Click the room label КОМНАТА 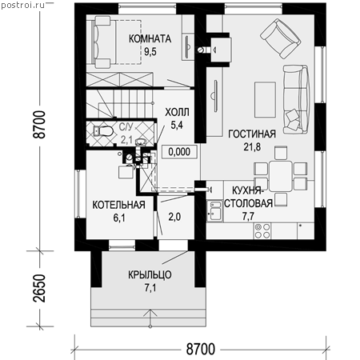150,39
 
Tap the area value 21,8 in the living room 252,147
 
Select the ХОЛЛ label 177,112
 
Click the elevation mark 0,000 179,152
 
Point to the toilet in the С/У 102,131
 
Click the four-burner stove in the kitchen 262,230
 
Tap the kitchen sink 215,210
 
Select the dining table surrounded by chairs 280,176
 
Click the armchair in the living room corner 281,38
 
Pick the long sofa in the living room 296,99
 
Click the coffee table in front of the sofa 265,100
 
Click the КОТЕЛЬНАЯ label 118,205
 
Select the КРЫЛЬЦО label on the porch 150,274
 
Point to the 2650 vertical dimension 39,289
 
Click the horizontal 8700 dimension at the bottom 201,349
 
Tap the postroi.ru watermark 22,6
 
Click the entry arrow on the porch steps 150,318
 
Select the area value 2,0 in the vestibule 174,217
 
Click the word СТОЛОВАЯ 248,203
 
